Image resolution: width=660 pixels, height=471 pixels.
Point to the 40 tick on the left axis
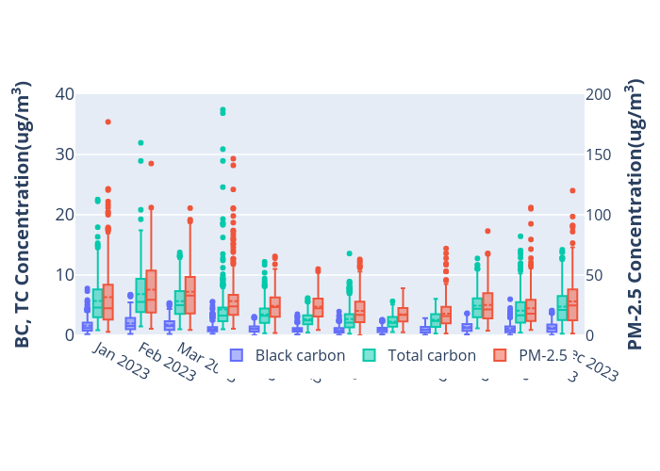tap(64, 94)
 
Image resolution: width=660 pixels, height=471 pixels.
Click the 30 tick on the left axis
tap(64, 154)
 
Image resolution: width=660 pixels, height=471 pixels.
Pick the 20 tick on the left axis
tap(64, 215)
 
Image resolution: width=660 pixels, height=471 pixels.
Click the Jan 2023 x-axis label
tap(121, 362)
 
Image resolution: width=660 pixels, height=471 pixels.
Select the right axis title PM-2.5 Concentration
tap(635, 215)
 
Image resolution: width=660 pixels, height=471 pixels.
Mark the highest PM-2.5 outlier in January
tap(107, 122)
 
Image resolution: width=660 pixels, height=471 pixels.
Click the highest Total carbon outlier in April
tap(223, 110)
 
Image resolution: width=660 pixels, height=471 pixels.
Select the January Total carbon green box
tap(97, 302)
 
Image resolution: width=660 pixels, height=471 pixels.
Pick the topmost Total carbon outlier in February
tap(140, 143)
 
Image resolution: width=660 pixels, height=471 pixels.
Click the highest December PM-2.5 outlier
tap(572, 190)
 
